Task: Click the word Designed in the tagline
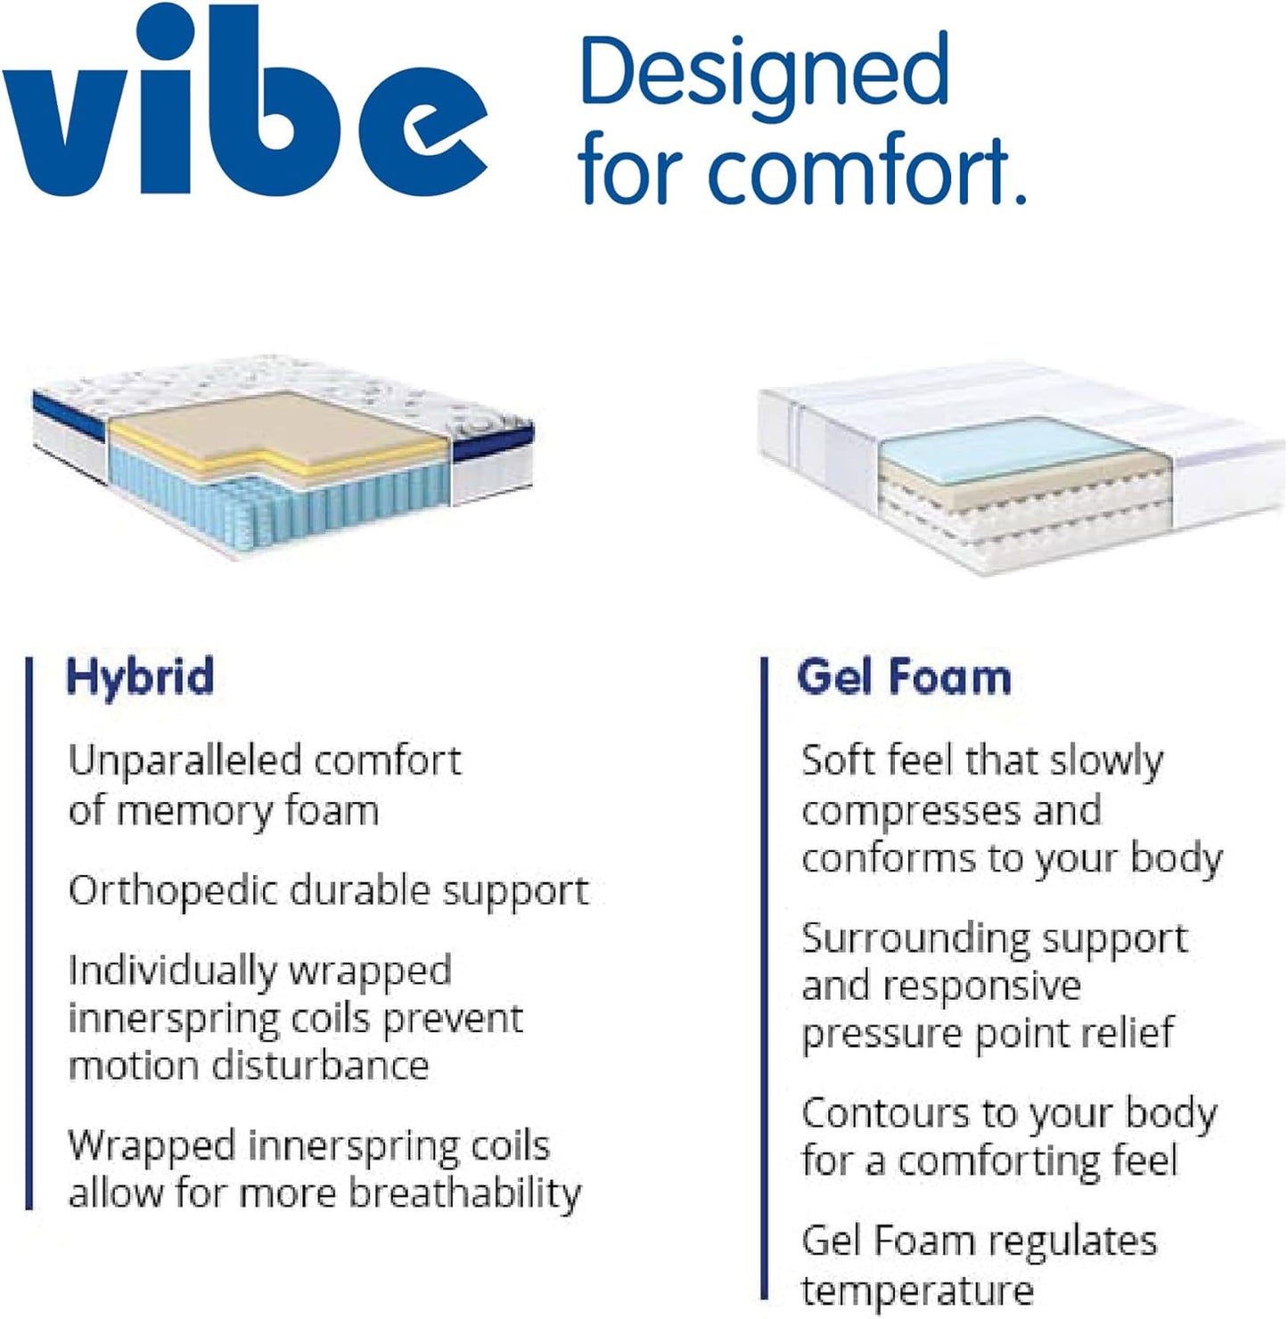pyautogui.click(x=765, y=71)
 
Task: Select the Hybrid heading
pyautogui.click(x=141, y=676)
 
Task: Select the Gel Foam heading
pyautogui.click(x=904, y=676)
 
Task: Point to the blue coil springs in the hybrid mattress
pyautogui.click(x=357, y=504)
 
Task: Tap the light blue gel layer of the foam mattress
pyautogui.click(x=1007, y=446)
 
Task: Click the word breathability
pyautogui.click(x=464, y=1194)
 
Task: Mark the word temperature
pyautogui.click(x=916, y=1290)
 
